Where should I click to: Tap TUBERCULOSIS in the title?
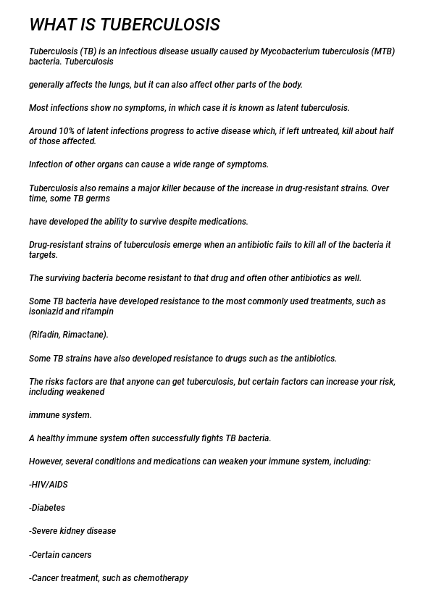[160, 25]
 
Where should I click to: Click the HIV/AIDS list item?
[49, 485]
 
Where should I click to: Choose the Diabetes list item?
[47, 508]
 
